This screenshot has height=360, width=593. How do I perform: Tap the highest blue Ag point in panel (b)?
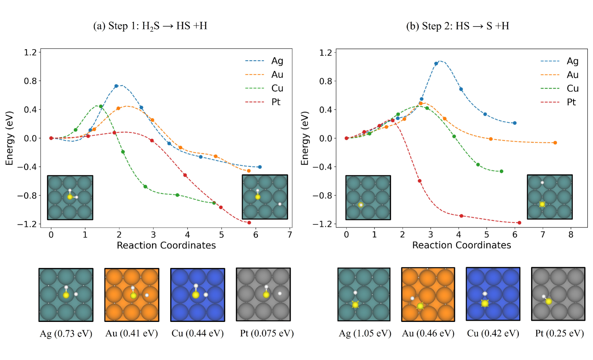[436, 63]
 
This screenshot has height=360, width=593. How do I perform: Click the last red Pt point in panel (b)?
[519, 223]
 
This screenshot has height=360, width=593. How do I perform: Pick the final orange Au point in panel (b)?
[555, 143]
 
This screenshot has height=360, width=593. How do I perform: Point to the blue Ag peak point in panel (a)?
[116, 86]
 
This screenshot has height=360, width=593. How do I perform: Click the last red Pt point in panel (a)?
[249, 223]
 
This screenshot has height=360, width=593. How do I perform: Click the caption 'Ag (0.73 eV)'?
[66, 333]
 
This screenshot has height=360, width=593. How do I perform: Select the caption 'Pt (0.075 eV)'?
[267, 333]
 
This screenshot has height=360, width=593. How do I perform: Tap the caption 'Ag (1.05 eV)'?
[365, 333]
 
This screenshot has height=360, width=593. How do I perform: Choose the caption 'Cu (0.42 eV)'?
[493, 333]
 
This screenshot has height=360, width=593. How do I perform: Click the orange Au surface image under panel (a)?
[132, 295]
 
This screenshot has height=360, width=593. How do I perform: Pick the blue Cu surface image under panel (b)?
[493, 294]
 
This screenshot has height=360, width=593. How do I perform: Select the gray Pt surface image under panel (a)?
[263, 294]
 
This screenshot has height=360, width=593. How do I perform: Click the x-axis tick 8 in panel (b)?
[571, 234]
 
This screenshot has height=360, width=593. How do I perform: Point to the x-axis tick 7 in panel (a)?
[290, 235]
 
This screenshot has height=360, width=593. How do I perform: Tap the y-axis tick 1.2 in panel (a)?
[30, 52]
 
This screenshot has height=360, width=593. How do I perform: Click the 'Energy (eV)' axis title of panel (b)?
[305, 138]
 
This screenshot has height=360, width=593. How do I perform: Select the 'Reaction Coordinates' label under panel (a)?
[166, 245]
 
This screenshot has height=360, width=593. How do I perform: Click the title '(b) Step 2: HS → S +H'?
[457, 26]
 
